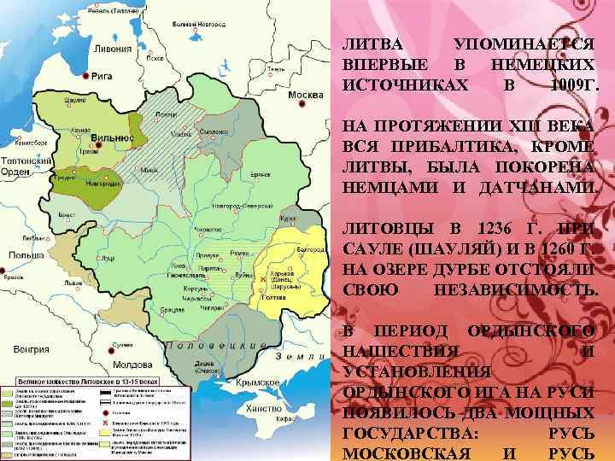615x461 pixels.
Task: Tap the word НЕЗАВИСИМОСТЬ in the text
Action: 515,290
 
